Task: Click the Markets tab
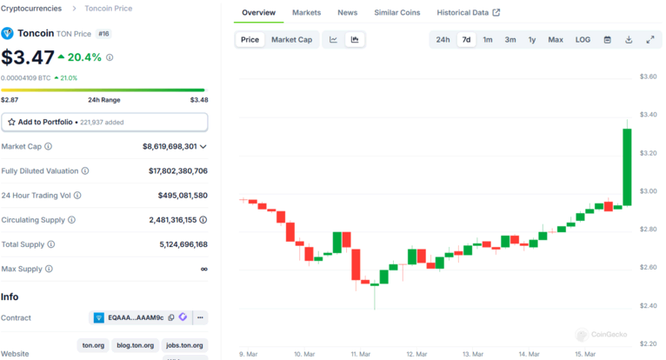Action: click(x=306, y=13)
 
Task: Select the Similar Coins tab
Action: click(x=397, y=13)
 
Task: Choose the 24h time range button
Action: click(x=443, y=40)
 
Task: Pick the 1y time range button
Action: click(x=532, y=40)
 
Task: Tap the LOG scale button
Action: click(x=583, y=40)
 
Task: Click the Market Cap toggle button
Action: click(x=291, y=40)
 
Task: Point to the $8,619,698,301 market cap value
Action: click(x=170, y=147)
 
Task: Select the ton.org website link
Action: click(x=93, y=345)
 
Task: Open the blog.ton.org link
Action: click(x=137, y=345)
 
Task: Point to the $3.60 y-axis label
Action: click(x=648, y=77)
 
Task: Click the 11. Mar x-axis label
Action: click(x=360, y=354)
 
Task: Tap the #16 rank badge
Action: click(x=103, y=34)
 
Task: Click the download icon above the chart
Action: click(x=629, y=40)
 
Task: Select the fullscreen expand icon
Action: click(x=649, y=40)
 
